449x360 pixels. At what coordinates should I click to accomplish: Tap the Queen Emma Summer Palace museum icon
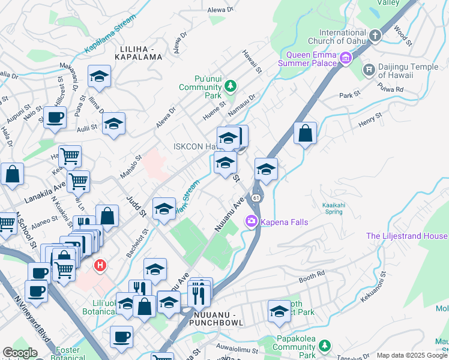point(346,58)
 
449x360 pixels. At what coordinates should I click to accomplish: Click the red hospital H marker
point(101,265)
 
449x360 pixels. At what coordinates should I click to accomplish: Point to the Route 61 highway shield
point(256,197)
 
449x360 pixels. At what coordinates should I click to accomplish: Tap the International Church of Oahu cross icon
point(375,35)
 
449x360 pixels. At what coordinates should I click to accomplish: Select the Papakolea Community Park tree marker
point(324,346)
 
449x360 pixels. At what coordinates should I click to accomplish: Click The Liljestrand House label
point(406,236)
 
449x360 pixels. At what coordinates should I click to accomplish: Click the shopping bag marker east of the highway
point(305,134)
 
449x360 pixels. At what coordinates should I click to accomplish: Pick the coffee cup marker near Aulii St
point(55,118)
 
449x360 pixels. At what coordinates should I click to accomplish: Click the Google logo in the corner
point(20,353)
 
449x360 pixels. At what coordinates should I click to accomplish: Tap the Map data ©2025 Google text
point(411,355)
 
